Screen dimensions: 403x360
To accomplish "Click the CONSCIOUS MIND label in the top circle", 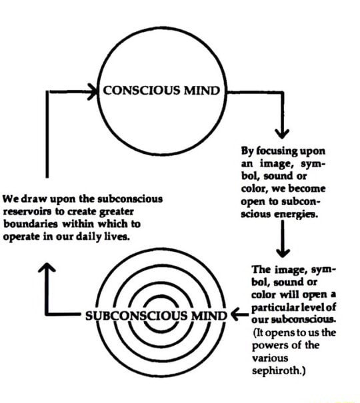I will click(x=159, y=91).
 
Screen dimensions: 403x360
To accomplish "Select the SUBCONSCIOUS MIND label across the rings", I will click(x=157, y=314).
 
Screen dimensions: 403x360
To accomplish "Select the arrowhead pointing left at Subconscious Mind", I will click(x=235, y=314).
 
